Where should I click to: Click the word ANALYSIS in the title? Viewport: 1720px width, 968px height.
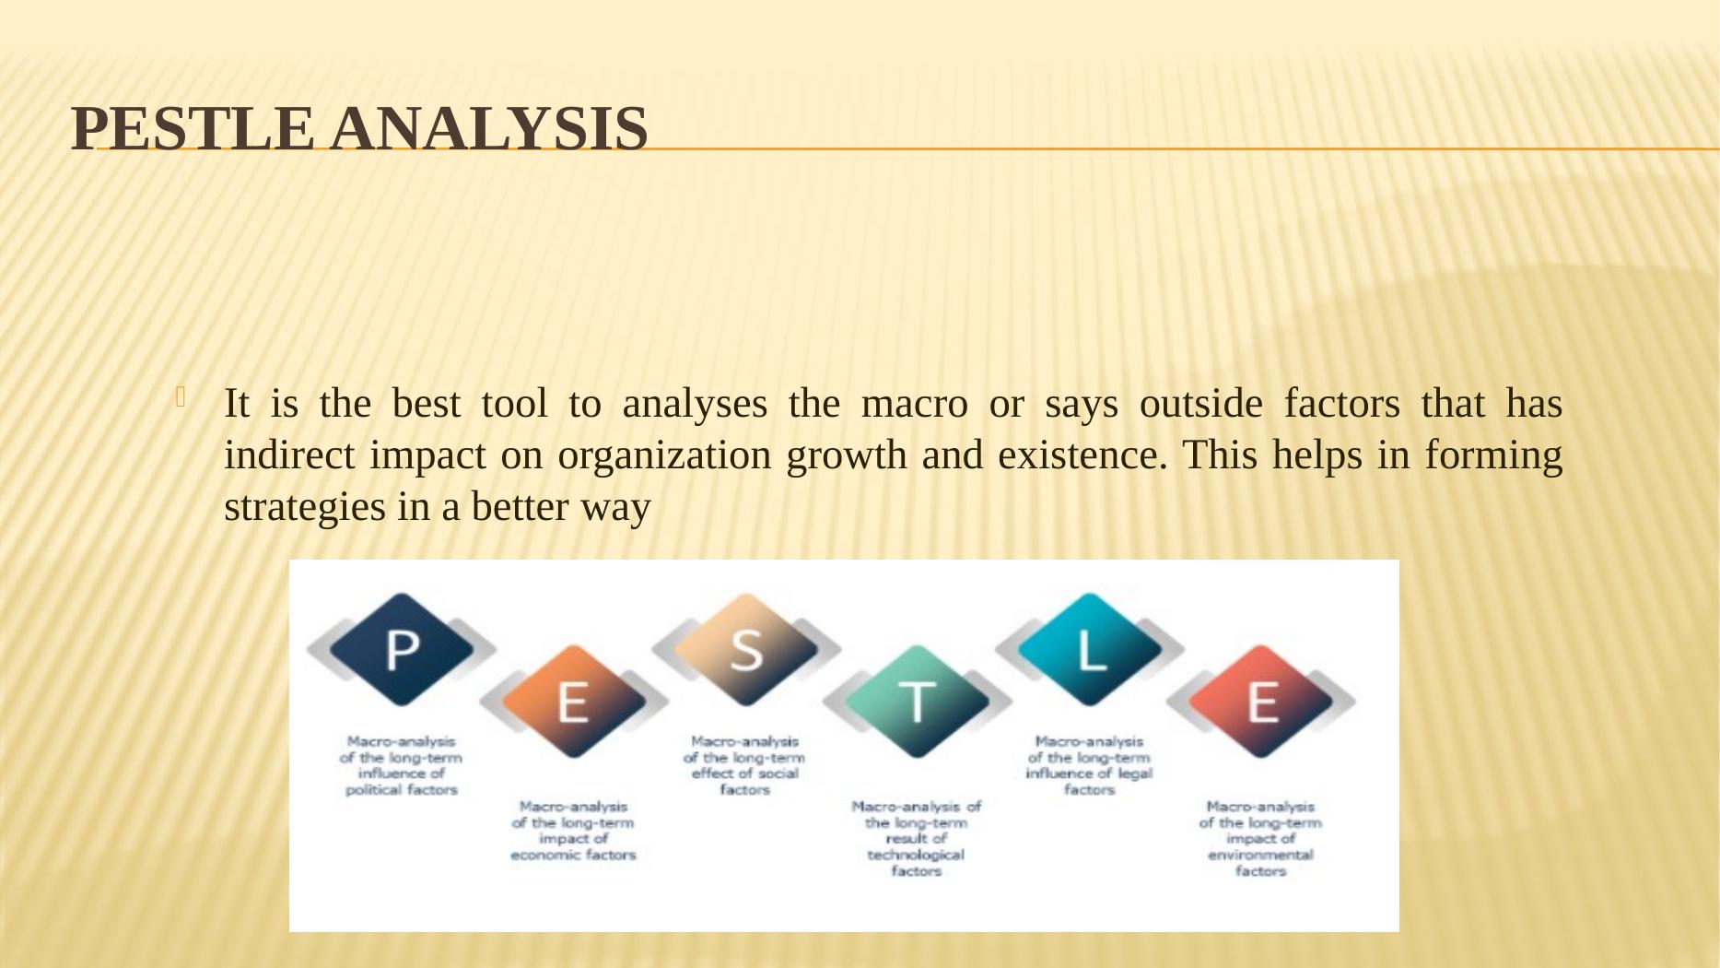coord(489,128)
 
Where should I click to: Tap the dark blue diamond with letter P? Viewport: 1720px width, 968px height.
coord(402,649)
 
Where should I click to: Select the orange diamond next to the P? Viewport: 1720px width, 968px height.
coord(573,702)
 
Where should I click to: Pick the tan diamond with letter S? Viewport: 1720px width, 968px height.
coord(745,649)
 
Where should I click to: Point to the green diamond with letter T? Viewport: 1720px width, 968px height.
coord(917,702)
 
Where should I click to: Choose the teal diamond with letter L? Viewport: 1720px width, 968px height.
coord(1090,649)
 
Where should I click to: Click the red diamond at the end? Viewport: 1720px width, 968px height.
coord(1261,702)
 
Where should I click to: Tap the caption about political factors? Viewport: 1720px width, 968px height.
coord(402,765)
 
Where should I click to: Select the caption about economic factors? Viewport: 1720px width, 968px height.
coord(573,831)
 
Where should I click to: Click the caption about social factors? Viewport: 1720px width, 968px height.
coord(744,765)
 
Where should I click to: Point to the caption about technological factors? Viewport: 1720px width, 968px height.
coord(917,838)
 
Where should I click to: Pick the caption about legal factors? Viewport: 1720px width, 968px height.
coord(1089,765)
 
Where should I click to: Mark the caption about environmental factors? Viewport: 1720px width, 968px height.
coord(1260,838)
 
